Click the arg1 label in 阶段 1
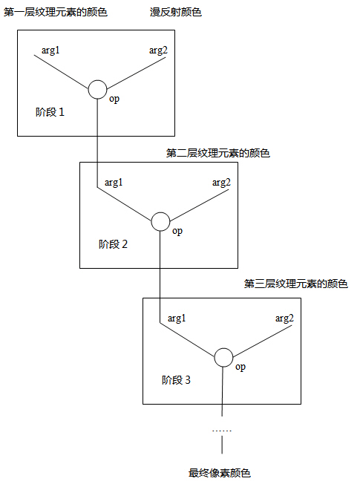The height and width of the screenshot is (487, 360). click(50, 50)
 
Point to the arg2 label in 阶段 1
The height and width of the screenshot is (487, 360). click(158, 50)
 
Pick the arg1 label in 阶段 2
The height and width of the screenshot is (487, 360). click(114, 183)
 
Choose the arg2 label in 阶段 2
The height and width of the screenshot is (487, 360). click(221, 183)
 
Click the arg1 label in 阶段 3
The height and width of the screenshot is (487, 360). click(177, 318)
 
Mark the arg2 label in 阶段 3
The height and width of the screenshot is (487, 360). click(284, 318)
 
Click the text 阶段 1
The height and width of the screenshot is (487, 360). click(50, 112)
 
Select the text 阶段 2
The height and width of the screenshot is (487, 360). click(113, 244)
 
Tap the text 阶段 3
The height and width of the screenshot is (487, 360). click(176, 380)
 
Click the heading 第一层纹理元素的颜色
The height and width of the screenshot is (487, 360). click(55, 13)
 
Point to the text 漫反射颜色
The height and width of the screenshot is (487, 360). click(176, 13)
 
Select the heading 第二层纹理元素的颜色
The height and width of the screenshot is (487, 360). click(218, 153)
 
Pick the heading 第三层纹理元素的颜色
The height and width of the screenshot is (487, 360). click(296, 284)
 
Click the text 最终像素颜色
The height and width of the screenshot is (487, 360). click(220, 473)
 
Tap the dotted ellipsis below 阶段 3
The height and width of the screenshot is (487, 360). click(222, 431)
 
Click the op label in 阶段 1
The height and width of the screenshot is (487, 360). click(114, 99)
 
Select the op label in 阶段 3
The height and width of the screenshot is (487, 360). click(240, 367)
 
